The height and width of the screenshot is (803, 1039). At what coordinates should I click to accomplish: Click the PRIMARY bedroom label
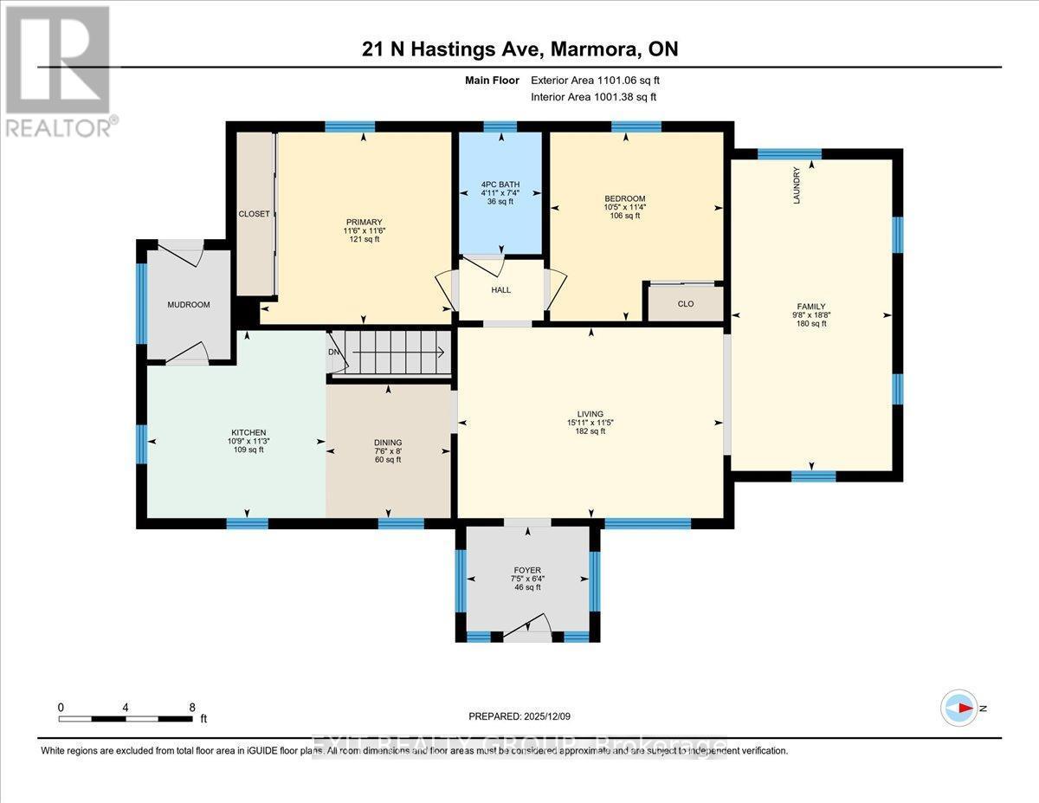pos(362,222)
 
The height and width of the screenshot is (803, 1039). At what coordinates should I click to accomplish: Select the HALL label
pos(500,289)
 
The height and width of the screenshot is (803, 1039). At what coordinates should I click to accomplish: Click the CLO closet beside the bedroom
pos(685,304)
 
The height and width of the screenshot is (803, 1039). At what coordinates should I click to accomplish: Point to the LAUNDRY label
pos(797,185)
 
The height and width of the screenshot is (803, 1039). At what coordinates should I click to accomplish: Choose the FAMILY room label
pos(811,306)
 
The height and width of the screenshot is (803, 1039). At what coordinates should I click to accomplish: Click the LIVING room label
pos(590,414)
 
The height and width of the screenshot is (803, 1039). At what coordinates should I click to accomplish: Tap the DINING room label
pos(388,442)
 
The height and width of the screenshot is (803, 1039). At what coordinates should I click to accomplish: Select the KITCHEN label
pos(248,432)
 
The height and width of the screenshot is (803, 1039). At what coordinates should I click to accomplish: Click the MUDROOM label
pos(188,305)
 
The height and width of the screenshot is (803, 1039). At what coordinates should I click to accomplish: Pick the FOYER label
pos(527,570)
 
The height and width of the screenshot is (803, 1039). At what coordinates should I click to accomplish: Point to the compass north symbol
pos(961,708)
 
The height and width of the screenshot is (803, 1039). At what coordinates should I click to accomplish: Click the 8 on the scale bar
pos(192,707)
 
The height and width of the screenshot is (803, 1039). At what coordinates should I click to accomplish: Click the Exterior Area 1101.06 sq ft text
pos(600,81)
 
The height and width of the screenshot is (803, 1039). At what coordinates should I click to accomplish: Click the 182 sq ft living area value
pos(590,431)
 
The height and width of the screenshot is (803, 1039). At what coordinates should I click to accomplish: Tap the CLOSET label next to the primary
pos(254,214)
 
